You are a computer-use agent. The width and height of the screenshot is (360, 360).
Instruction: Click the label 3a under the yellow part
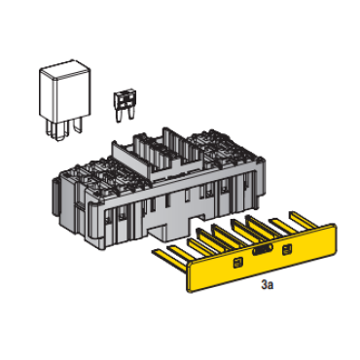pyautogui.click(x=268, y=285)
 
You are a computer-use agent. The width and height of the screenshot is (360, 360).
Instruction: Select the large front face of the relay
pyautogui.click(x=73, y=95)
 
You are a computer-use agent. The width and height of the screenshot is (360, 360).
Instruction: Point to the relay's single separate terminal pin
pyautogui.click(x=78, y=126)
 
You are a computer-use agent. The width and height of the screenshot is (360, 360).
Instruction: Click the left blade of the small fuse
pyautogui.click(x=119, y=116)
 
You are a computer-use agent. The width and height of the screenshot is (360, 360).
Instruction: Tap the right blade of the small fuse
pyautogui.click(x=131, y=114)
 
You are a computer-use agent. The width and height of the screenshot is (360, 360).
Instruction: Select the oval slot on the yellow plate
pyautogui.click(x=263, y=250)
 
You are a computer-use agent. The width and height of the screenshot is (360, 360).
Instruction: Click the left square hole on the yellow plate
pyautogui.click(x=238, y=263)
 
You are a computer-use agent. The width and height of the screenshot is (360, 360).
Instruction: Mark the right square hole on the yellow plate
pyautogui.click(x=287, y=249)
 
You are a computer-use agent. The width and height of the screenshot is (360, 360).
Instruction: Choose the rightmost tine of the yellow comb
pyautogui.click(x=304, y=220)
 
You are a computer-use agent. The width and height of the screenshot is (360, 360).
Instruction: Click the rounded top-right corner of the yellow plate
pyautogui.click(x=333, y=226)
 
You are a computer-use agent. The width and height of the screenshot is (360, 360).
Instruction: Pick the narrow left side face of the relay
pyautogui.click(x=48, y=94)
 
